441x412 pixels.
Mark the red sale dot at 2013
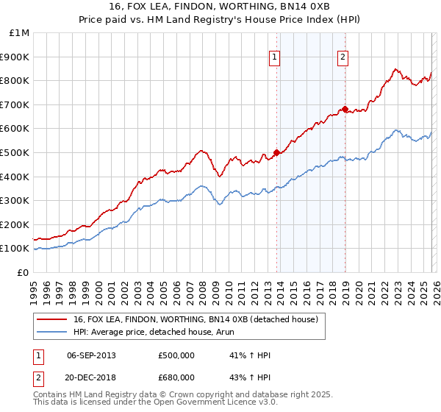(277, 153)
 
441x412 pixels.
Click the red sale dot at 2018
(345, 110)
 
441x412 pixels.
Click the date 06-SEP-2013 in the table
(91, 355)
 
